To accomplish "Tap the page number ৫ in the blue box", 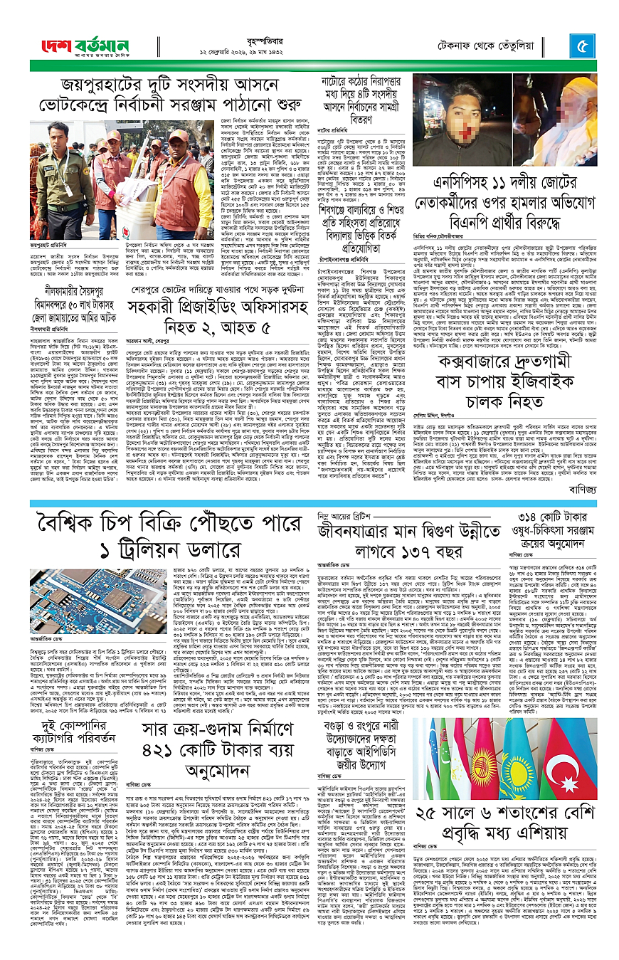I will point(583,46).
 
